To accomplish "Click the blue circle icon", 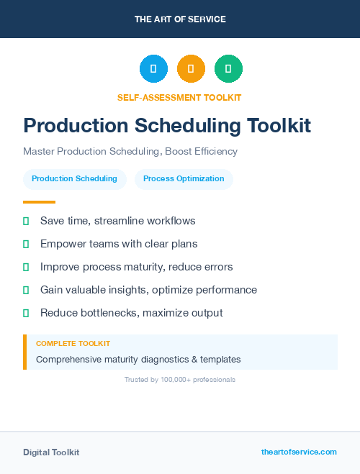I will tap(153, 69).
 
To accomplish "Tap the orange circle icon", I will tap(191, 69).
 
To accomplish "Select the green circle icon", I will tap(228, 69).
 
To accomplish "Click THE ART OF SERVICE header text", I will tap(180, 19).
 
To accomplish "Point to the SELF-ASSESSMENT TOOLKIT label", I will tap(180, 97).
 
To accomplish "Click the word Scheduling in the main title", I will tap(185, 126).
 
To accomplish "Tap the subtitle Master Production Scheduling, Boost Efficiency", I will tap(130, 152).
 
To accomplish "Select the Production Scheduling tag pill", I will tap(74, 179).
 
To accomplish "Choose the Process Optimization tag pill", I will tap(184, 179).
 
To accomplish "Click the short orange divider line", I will tap(39, 202).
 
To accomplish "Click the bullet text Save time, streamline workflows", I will tap(117, 221).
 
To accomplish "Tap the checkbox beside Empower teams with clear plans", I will tap(26, 244).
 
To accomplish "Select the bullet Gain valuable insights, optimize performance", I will tap(148, 290).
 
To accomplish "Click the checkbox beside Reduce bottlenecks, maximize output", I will tap(26, 313).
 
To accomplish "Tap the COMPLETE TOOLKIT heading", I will tap(73, 344).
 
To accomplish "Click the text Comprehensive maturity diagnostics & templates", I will tap(138, 359).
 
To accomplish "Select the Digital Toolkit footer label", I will tap(51, 452).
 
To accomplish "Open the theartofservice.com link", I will tap(299, 452).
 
